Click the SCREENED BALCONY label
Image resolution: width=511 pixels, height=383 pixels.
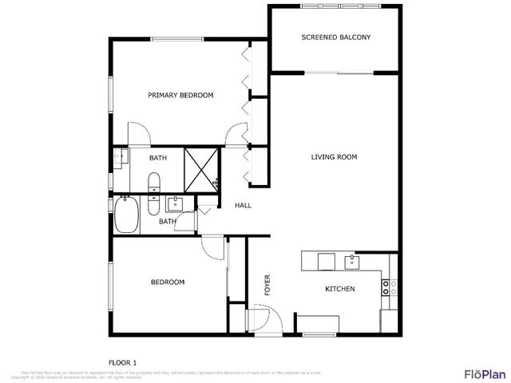[335, 38]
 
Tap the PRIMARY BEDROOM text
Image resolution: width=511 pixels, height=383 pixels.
[180, 96]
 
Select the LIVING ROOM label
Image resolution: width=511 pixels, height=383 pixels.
[334, 157]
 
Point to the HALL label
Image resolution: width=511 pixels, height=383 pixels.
[243, 206]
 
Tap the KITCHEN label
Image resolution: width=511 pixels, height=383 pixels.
[339, 289]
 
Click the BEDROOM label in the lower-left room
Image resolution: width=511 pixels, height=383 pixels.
[168, 282]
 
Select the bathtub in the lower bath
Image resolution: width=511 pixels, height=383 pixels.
[125, 215]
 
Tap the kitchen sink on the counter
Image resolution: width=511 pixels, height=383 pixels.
[351, 260]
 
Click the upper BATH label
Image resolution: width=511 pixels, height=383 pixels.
[157, 158]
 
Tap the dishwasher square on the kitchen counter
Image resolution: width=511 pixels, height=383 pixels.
[326, 261]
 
